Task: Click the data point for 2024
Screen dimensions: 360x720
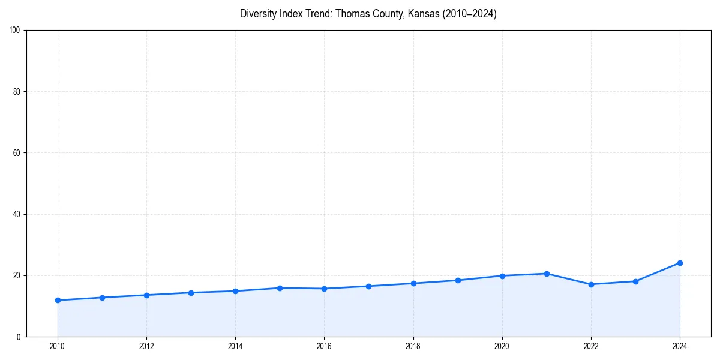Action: tap(680, 263)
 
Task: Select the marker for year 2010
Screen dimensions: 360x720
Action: tap(58, 300)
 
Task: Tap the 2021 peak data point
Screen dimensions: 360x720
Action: tap(547, 274)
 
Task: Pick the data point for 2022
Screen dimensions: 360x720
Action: tap(591, 284)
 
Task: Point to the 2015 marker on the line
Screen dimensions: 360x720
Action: tap(280, 288)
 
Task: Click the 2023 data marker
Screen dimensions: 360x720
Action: tap(635, 281)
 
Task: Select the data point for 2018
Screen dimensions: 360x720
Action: tap(413, 283)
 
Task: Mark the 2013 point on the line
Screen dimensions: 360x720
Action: tap(191, 293)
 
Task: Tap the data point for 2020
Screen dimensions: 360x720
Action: tap(502, 276)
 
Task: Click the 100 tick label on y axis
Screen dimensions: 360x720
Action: tap(16, 31)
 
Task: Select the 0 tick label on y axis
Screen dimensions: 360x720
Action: tap(19, 337)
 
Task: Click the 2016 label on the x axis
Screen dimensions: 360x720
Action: tap(324, 346)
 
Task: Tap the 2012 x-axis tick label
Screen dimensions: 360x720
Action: tap(146, 346)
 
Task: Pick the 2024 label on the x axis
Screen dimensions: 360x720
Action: tap(680, 346)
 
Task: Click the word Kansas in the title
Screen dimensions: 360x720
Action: tap(423, 14)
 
